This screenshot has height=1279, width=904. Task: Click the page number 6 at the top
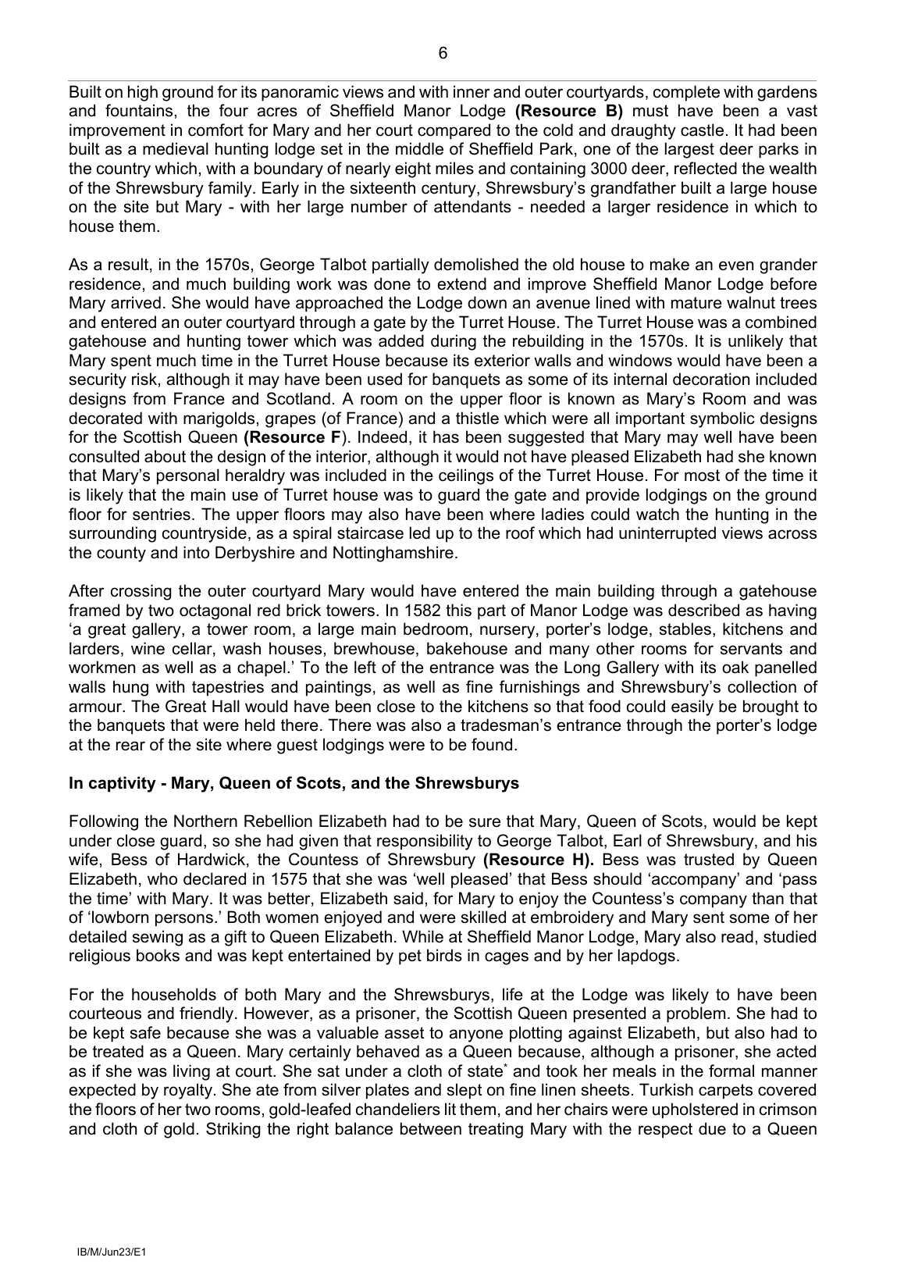(x=443, y=53)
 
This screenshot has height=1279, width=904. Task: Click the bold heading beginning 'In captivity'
(x=294, y=783)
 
